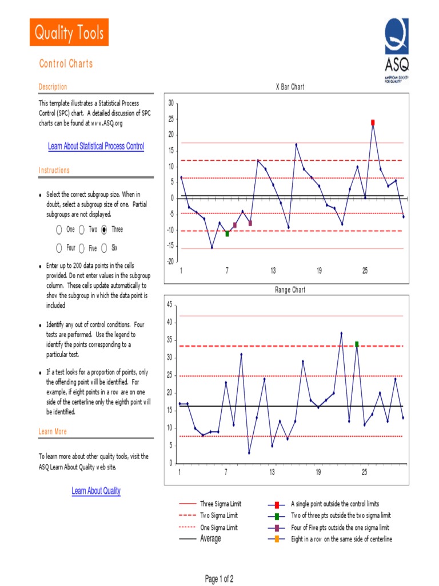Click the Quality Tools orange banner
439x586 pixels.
tap(69, 33)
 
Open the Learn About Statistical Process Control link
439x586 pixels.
tap(96, 146)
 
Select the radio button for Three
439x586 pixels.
tap(104, 229)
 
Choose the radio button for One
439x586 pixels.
tap(59, 229)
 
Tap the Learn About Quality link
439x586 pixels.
tap(96, 491)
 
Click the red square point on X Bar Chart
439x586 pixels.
tap(373, 122)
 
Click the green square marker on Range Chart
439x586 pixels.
tap(357, 344)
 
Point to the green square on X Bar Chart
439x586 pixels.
tap(228, 233)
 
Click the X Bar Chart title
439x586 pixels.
tap(290, 87)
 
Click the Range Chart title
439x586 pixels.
tap(290, 290)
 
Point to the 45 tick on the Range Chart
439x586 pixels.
tap(169, 304)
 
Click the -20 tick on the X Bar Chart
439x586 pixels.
tap(169, 262)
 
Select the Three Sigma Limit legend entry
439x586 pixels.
tap(220, 504)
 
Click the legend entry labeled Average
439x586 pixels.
tap(210, 539)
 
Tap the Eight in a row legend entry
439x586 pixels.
tap(341, 539)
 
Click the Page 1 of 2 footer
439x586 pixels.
tap(219, 579)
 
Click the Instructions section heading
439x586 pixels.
tap(54, 171)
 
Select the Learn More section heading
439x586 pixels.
tap(53, 431)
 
